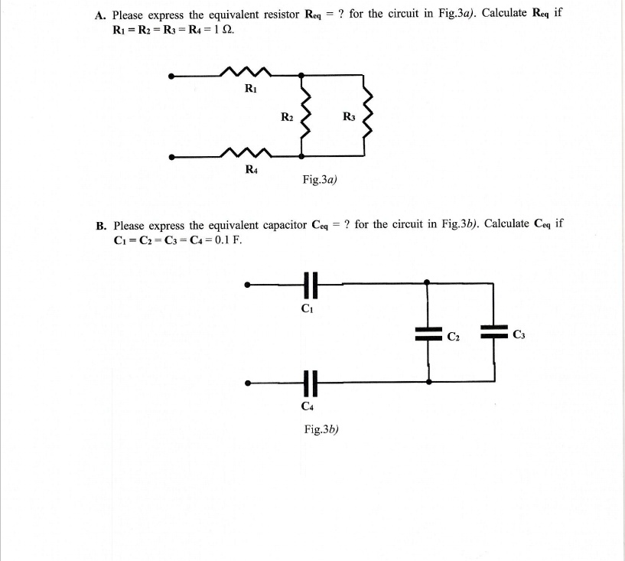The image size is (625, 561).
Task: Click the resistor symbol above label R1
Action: pyautogui.click(x=246, y=73)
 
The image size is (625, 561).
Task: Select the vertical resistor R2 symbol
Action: pyautogui.click(x=305, y=117)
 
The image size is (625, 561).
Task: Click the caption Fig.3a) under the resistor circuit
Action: pyautogui.click(x=320, y=180)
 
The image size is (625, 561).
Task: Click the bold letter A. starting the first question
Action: pyautogui.click(x=99, y=15)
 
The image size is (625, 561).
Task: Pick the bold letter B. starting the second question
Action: pyautogui.click(x=100, y=225)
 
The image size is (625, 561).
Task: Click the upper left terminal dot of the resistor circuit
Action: pyautogui.click(x=173, y=76)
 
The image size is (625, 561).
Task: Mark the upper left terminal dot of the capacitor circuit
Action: pyautogui.click(x=246, y=286)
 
